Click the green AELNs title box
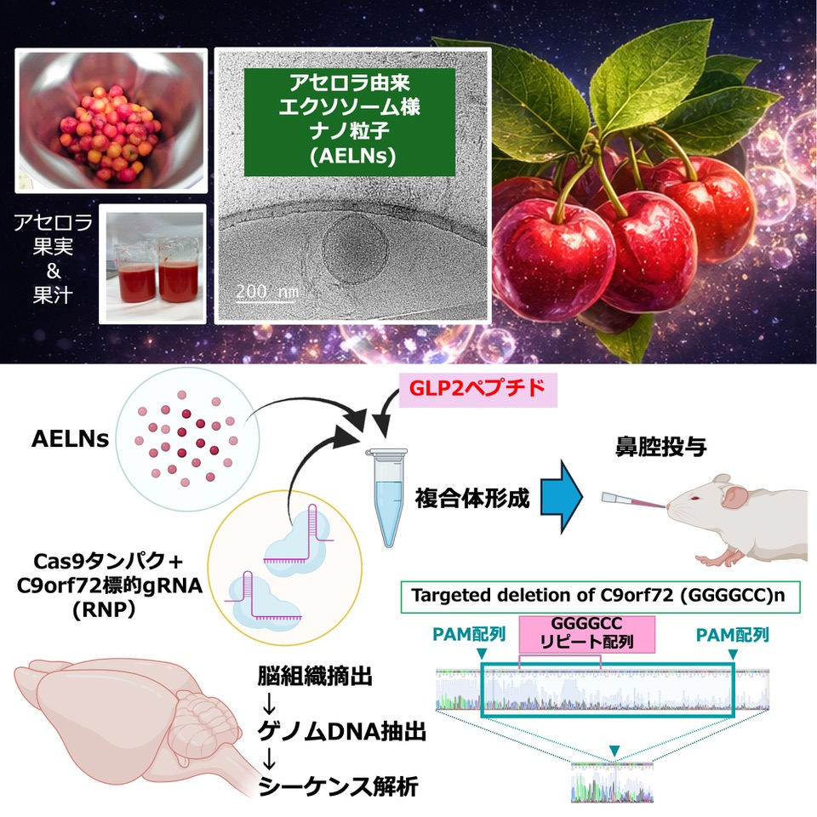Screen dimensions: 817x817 click(x=350, y=121)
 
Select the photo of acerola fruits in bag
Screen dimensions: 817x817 click(x=111, y=120)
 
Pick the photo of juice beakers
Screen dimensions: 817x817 click(x=153, y=264)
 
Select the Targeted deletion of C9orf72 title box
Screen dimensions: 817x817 click(x=601, y=595)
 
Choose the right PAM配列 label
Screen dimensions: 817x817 click(x=732, y=635)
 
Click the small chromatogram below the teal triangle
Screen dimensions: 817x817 click(x=612, y=781)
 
